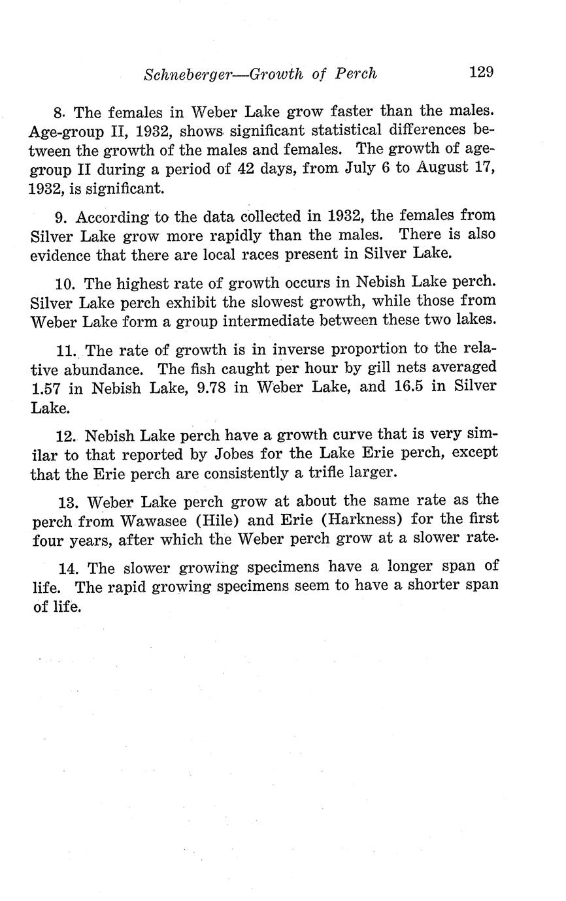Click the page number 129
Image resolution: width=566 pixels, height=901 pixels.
point(480,71)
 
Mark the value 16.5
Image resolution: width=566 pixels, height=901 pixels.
point(410,387)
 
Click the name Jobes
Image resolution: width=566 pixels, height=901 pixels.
point(235,452)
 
